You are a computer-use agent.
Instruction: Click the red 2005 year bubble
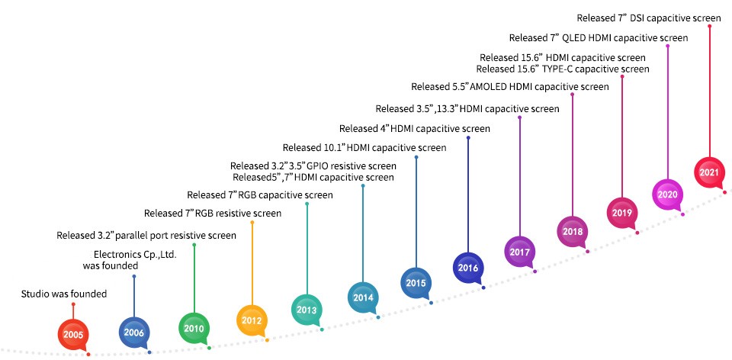pos(73,333)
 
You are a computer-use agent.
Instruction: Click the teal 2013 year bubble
pos(306,309)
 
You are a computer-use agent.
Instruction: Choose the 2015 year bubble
pos(415,283)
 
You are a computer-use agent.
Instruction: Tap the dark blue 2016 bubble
pos(467,268)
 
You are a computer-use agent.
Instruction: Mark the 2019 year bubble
pos(621,212)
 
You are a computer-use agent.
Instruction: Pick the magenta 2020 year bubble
pos(667,194)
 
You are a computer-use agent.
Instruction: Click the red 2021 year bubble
pos(709,172)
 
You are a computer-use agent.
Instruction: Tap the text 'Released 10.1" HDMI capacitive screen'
pos(364,147)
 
